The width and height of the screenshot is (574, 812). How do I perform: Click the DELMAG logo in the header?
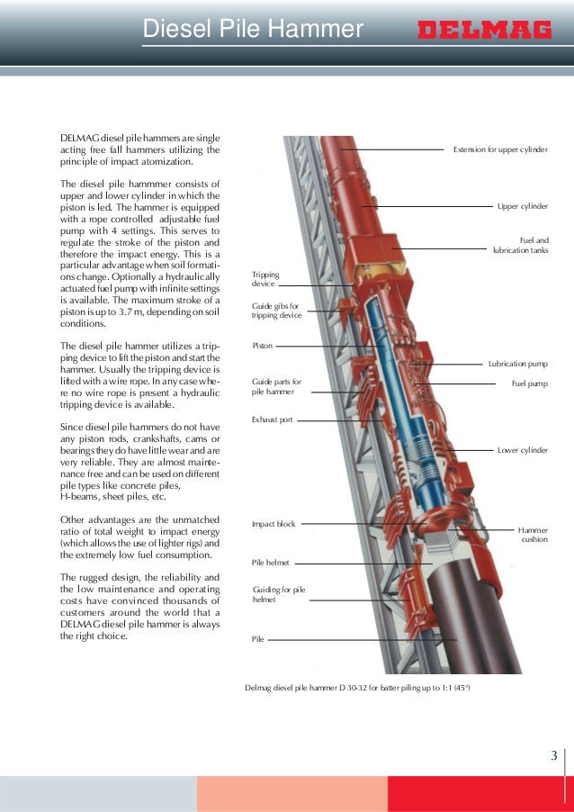point(484,31)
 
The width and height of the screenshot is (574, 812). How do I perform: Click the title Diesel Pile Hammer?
point(253,31)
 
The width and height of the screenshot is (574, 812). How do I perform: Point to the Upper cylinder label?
point(522,206)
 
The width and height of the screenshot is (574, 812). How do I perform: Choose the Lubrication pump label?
point(517,364)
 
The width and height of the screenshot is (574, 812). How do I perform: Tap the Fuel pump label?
point(529,383)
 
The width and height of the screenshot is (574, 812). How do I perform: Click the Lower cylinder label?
point(522,448)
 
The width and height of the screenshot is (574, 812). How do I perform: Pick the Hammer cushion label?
point(533,535)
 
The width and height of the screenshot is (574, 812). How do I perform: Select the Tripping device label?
point(265,278)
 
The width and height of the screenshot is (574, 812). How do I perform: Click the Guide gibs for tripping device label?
point(276,311)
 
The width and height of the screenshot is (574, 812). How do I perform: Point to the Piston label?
point(262,345)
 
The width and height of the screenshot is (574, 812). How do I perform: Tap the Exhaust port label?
point(272,420)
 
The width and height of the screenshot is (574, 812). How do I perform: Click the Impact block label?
point(274,523)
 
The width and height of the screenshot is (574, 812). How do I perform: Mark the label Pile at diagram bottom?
point(258,639)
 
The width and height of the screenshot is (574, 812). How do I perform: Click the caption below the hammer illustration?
point(357,689)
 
